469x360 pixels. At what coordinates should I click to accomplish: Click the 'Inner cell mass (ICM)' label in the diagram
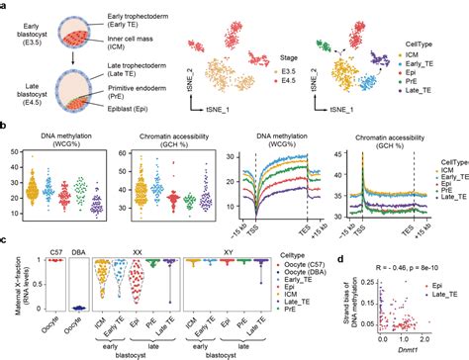[x=110, y=42]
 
